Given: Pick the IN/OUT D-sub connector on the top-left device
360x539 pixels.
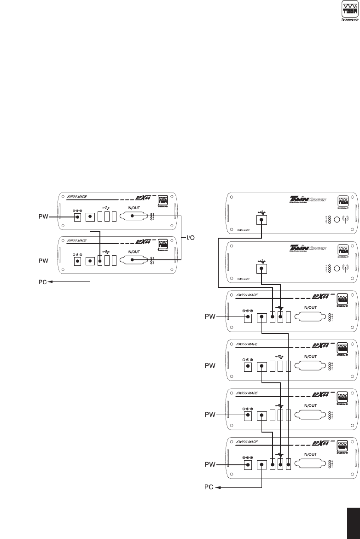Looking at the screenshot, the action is [x=134, y=216].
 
